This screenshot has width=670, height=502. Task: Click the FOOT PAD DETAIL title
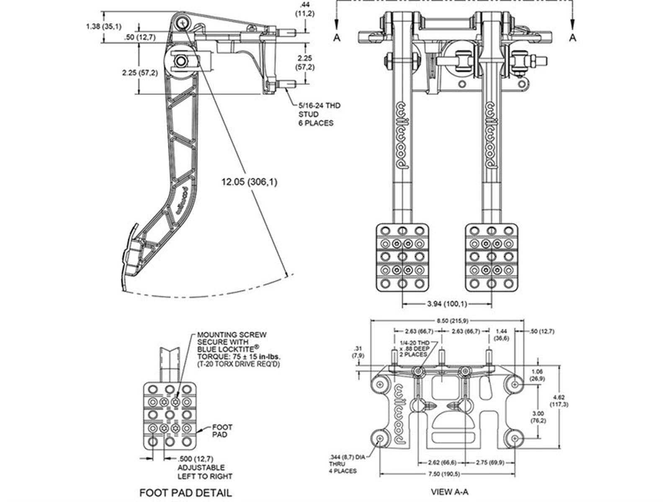tap(186, 492)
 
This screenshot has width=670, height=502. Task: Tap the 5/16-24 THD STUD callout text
tap(316, 114)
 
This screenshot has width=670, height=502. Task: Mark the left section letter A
tap(337, 38)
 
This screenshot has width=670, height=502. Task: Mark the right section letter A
tap(572, 38)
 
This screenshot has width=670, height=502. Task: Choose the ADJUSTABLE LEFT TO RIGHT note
tap(205, 472)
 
